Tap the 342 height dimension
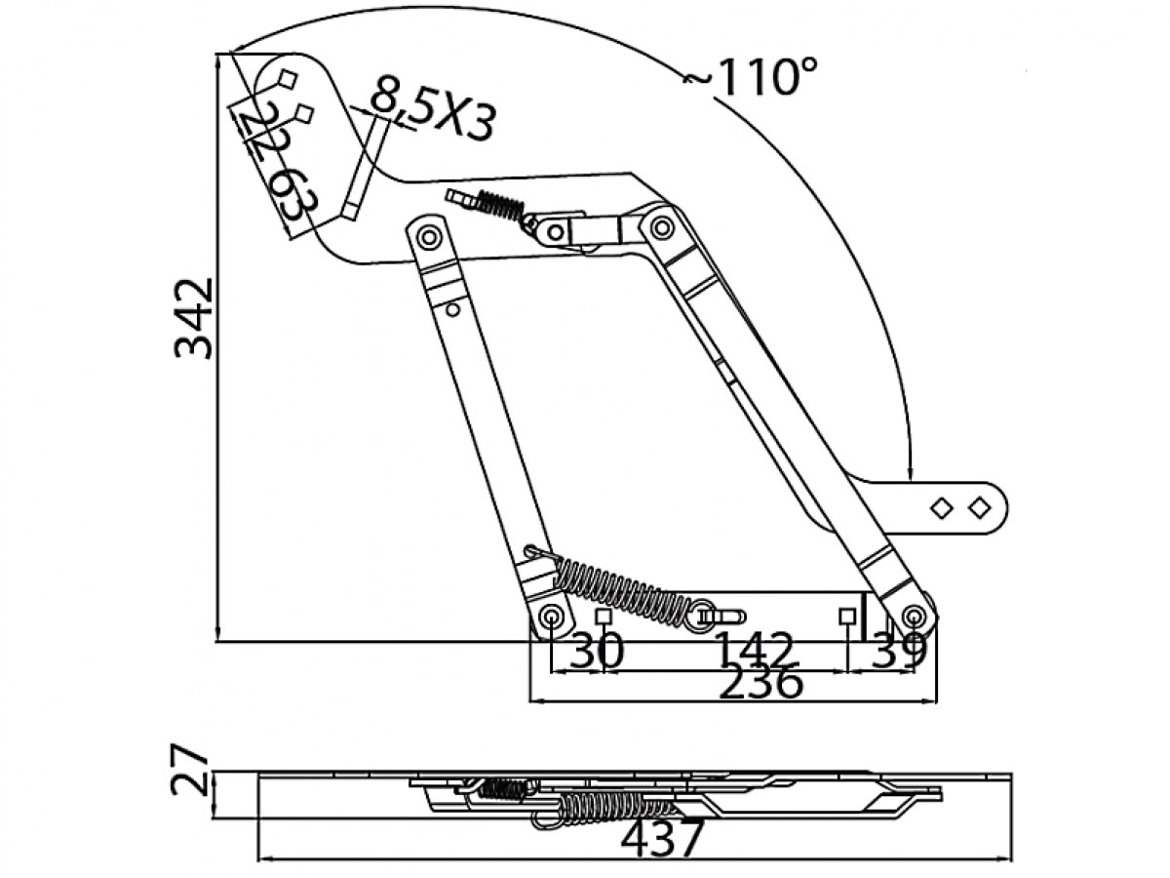click(193, 318)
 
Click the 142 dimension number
click(754, 650)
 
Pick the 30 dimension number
click(596, 651)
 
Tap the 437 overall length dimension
click(663, 840)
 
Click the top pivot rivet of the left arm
click(428, 236)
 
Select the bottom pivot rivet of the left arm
click(550, 618)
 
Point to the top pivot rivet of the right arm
click(662, 227)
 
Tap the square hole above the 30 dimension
click(603, 617)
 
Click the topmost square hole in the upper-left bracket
click(288, 79)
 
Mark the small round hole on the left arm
click(452, 309)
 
